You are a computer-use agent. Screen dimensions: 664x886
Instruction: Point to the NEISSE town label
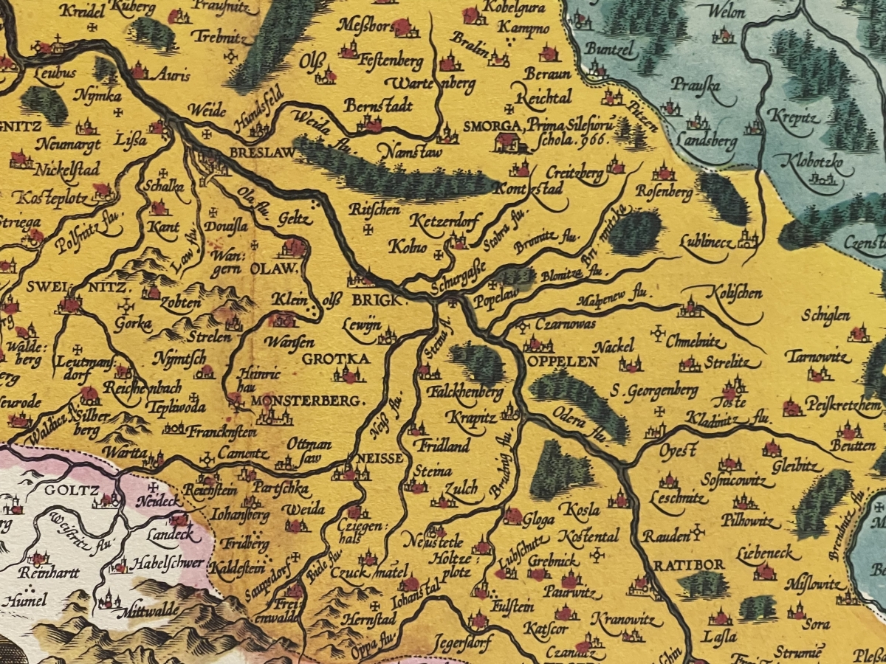(x=380, y=458)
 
